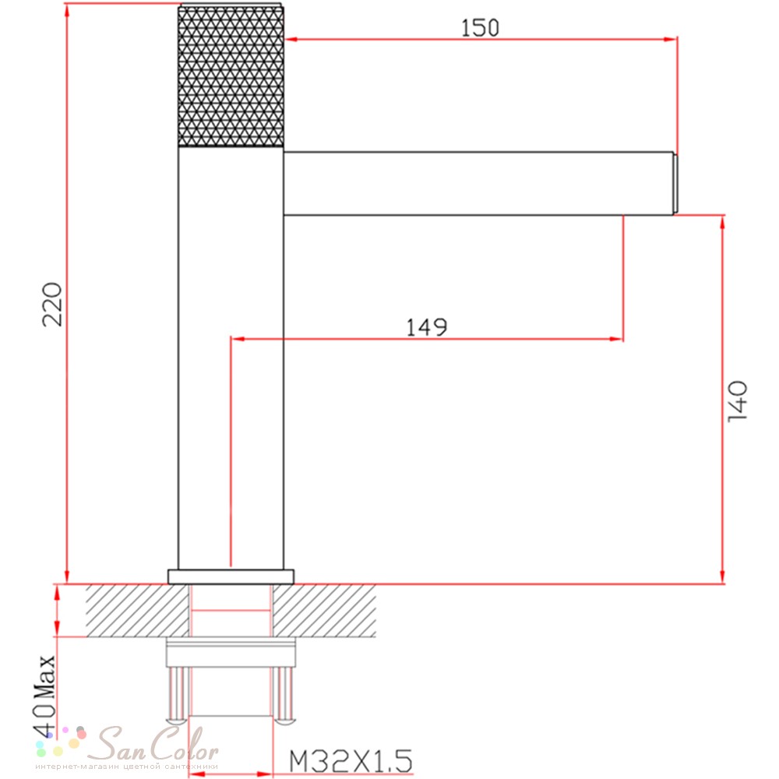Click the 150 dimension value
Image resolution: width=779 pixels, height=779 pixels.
(480, 28)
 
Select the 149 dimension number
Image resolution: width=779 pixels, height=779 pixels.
(427, 327)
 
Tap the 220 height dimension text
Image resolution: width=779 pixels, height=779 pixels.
(52, 304)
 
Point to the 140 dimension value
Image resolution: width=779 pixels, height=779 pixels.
(737, 401)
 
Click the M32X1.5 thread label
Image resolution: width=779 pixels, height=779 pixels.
(351, 760)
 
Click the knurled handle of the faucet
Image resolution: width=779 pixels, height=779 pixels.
(231, 76)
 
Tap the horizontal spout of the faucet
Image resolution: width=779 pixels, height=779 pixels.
(478, 183)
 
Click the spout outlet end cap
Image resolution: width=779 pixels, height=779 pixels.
(675, 184)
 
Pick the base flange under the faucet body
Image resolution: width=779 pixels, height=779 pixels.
(231, 576)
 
